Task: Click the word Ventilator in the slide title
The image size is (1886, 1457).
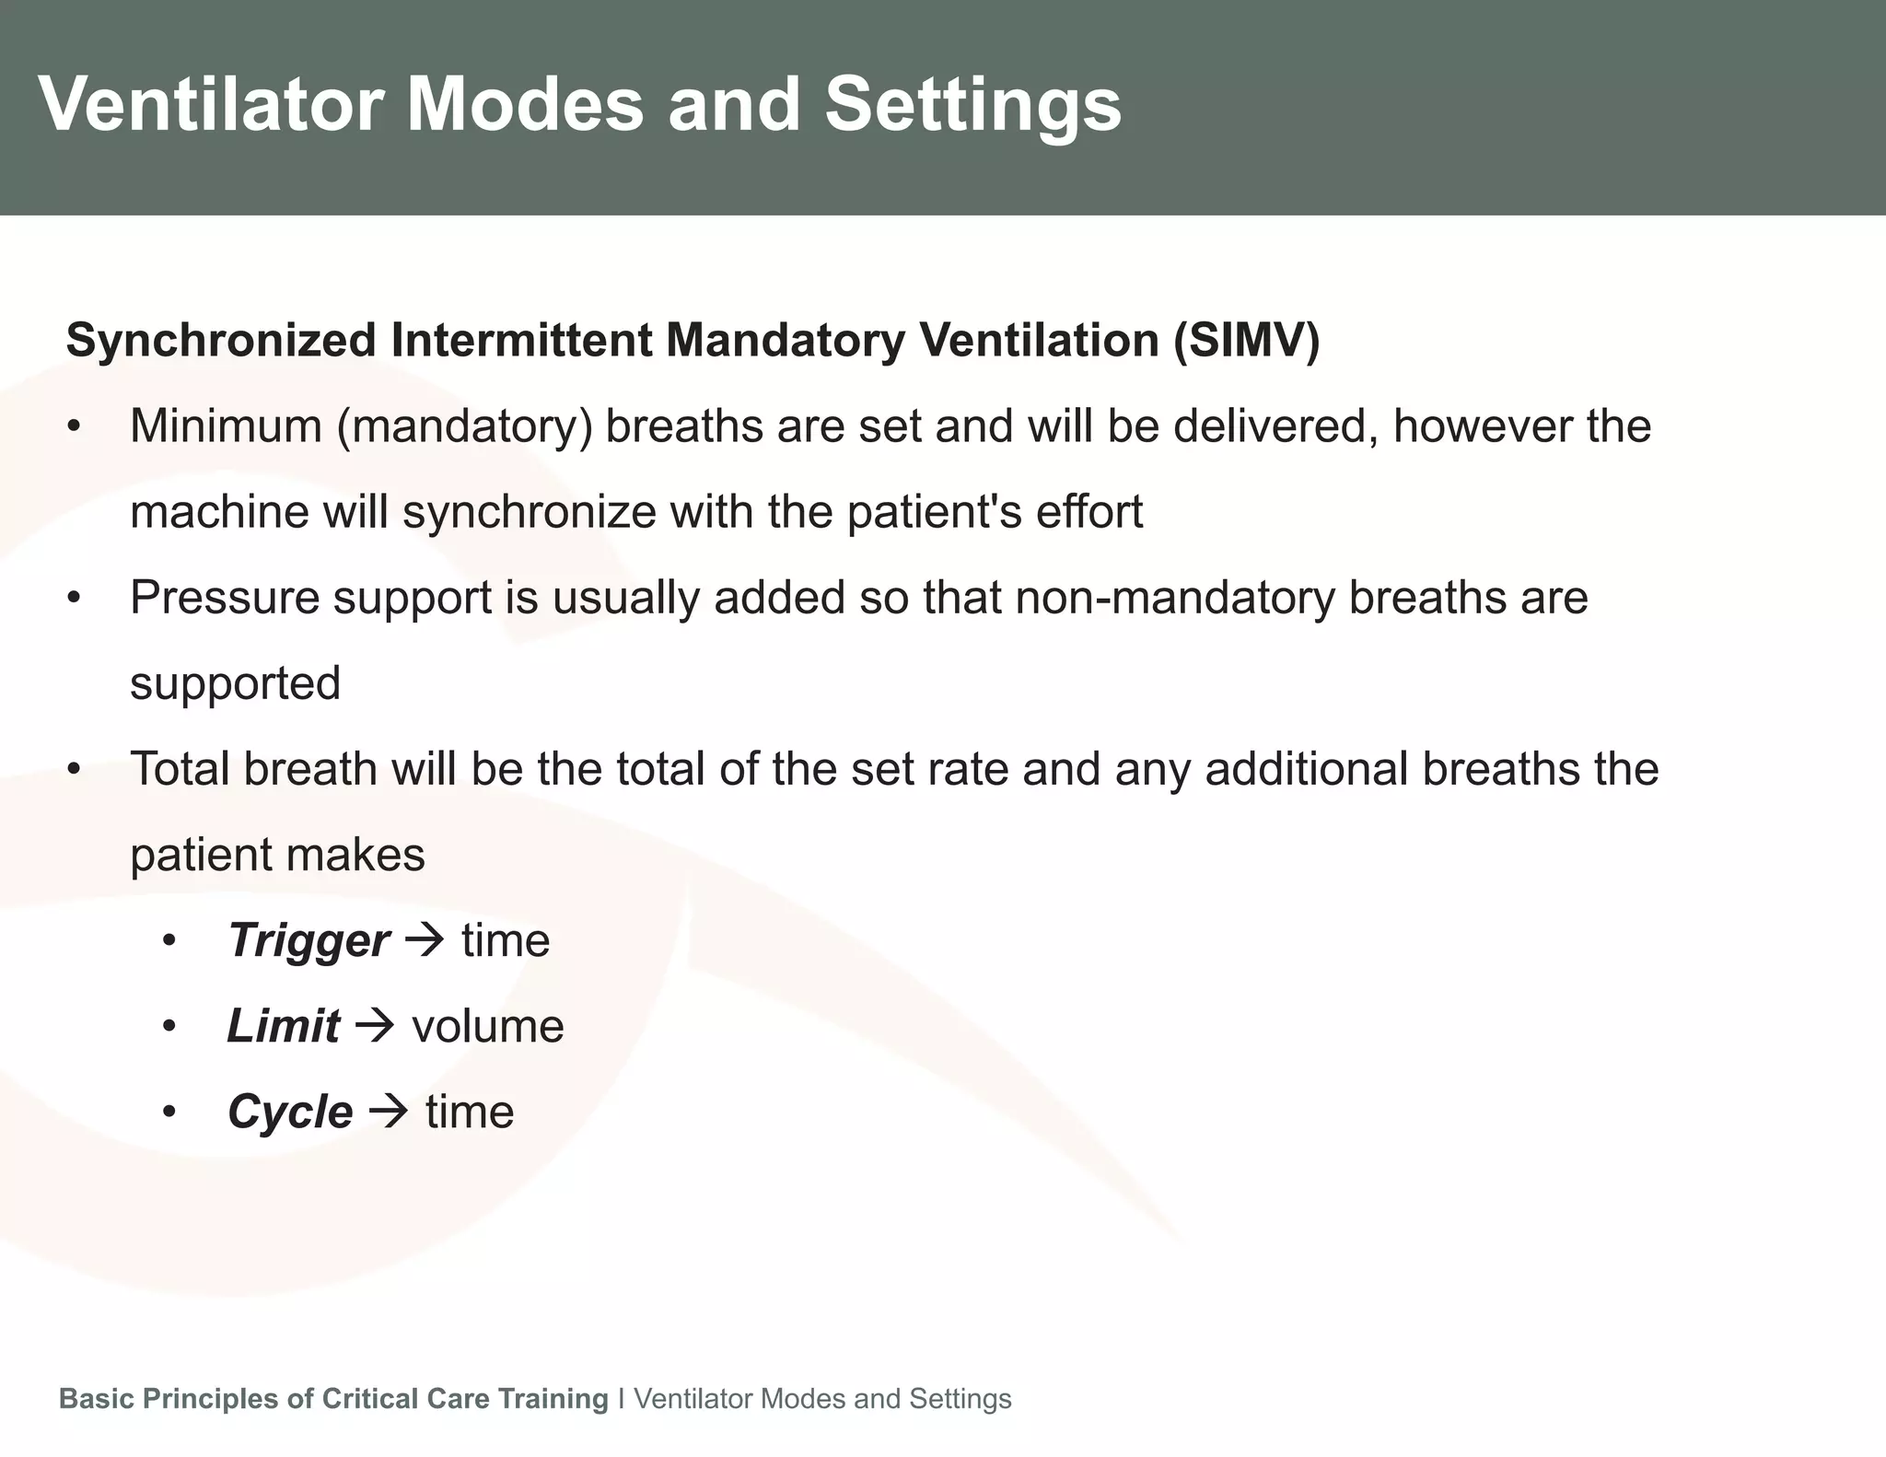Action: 210,104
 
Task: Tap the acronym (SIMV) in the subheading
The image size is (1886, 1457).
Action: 1246,340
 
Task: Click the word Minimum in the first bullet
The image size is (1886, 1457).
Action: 226,425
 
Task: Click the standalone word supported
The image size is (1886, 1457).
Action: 236,683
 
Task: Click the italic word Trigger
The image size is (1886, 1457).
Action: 308,940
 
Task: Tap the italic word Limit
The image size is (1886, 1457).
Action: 283,1026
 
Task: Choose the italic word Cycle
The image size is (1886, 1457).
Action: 289,1112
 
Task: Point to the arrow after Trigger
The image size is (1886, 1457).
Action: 425,940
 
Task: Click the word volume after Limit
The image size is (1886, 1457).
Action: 487,1026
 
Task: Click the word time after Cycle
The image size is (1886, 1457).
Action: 470,1112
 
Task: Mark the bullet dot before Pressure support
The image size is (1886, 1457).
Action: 75,599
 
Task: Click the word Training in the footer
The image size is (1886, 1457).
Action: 553,1398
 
